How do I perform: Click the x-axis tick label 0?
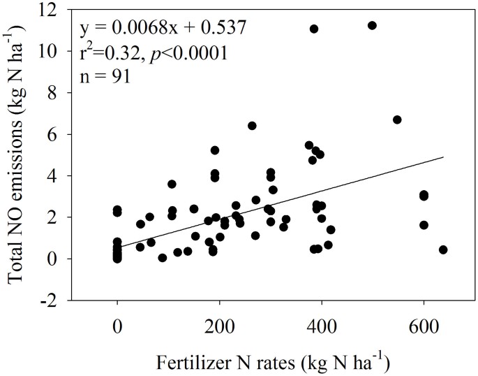coord(117,325)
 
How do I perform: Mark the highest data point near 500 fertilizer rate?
coord(372,25)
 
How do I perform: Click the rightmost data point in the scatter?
coord(443,250)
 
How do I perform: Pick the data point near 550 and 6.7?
coord(397,120)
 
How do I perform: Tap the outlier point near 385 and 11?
coord(314,29)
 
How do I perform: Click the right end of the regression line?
coord(444,157)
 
